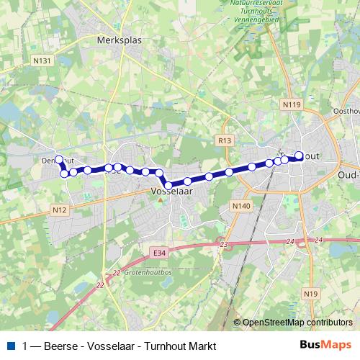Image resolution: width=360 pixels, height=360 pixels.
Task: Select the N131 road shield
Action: [x=43, y=60]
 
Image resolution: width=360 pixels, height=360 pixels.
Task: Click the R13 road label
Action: [x=225, y=140]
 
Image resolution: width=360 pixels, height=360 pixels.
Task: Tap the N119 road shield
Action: [x=292, y=105]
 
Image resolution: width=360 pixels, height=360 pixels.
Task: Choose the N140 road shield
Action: [x=242, y=206]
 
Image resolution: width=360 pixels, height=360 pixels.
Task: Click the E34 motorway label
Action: [x=158, y=252]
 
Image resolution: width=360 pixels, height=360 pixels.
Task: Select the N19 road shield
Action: [x=310, y=293]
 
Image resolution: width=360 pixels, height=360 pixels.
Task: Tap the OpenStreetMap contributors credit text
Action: [x=298, y=323]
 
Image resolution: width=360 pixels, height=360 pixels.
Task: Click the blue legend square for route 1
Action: [x=10, y=346]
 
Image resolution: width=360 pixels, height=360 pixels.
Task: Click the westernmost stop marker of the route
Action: [x=59, y=160]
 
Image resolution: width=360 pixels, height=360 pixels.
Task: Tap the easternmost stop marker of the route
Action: [x=300, y=155]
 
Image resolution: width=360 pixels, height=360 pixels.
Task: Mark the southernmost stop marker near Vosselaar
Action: [x=168, y=186]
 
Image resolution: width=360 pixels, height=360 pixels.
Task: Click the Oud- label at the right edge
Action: [x=348, y=174]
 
